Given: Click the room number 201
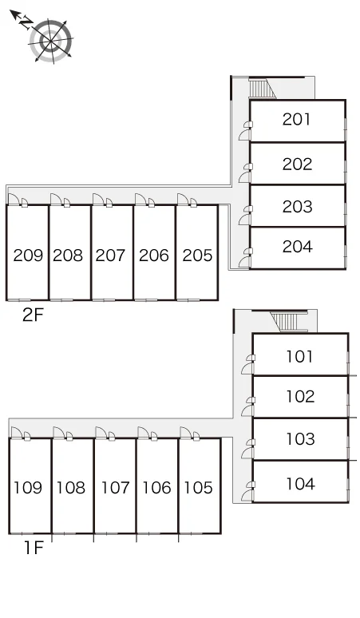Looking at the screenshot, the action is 296,119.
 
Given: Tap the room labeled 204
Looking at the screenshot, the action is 298,247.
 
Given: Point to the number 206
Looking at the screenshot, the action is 153,256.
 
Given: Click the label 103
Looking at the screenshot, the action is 300,438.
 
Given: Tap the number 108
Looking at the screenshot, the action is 71,488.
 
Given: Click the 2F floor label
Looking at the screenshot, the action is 33,315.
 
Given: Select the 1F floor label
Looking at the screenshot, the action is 34,548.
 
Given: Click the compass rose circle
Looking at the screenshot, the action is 51,40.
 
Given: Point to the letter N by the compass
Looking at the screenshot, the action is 26,22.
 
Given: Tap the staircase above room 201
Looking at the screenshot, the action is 260,89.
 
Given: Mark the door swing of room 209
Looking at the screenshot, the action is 14,200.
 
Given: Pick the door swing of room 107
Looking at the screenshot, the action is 101,433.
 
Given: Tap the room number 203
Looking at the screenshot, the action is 298,207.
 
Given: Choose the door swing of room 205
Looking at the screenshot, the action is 183,200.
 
